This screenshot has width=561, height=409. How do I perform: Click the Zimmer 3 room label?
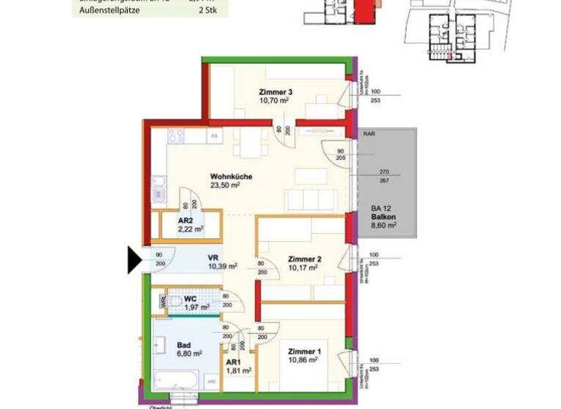click(275, 92)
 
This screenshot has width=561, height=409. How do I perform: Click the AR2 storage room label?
click(186, 221)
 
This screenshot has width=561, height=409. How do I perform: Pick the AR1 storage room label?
click(234, 362)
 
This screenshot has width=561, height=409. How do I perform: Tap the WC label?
click(191, 298)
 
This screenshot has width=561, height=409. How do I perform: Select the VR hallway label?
click(214, 257)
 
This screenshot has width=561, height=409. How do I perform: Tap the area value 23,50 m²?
click(226, 186)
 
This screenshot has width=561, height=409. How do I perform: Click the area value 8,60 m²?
click(383, 226)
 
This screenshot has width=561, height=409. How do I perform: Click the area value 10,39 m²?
click(223, 267)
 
